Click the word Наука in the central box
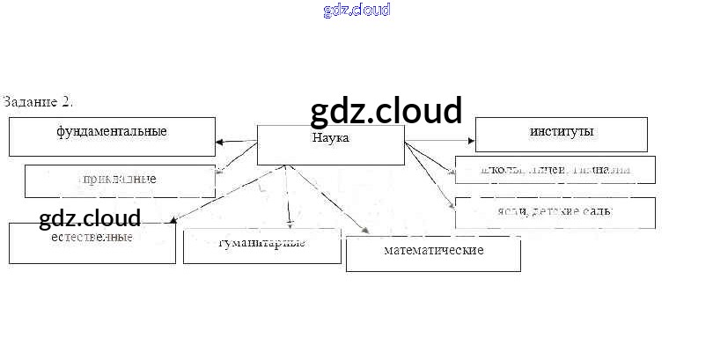[x=331, y=138]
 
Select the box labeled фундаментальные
[x=112, y=136]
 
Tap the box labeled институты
[x=561, y=134]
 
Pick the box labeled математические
[x=433, y=253]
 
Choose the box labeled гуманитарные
[x=261, y=246]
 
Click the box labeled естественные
[x=92, y=242]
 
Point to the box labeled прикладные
[x=119, y=180]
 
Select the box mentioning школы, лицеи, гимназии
[x=555, y=170]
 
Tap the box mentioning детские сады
[x=555, y=212]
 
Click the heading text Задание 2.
[x=38, y=102]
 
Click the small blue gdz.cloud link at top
[x=356, y=11]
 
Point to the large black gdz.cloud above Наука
[x=386, y=112]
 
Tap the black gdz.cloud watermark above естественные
[x=90, y=218]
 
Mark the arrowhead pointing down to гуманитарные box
[x=289, y=224]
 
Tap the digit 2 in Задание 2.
[x=67, y=102]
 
